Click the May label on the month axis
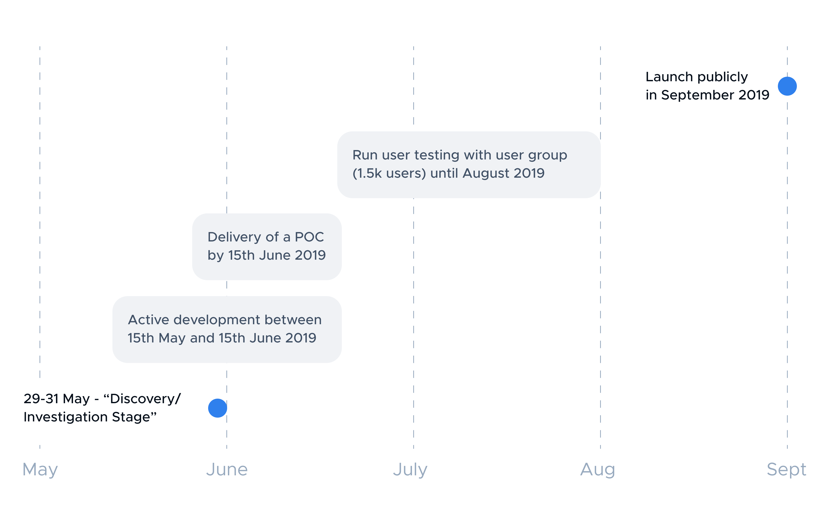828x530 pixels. click(40, 470)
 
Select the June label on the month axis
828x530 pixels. click(227, 470)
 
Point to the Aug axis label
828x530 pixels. click(597, 470)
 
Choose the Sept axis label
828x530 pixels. click(786, 470)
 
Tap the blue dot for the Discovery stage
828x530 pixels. click(218, 408)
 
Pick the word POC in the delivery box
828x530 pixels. click(309, 237)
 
